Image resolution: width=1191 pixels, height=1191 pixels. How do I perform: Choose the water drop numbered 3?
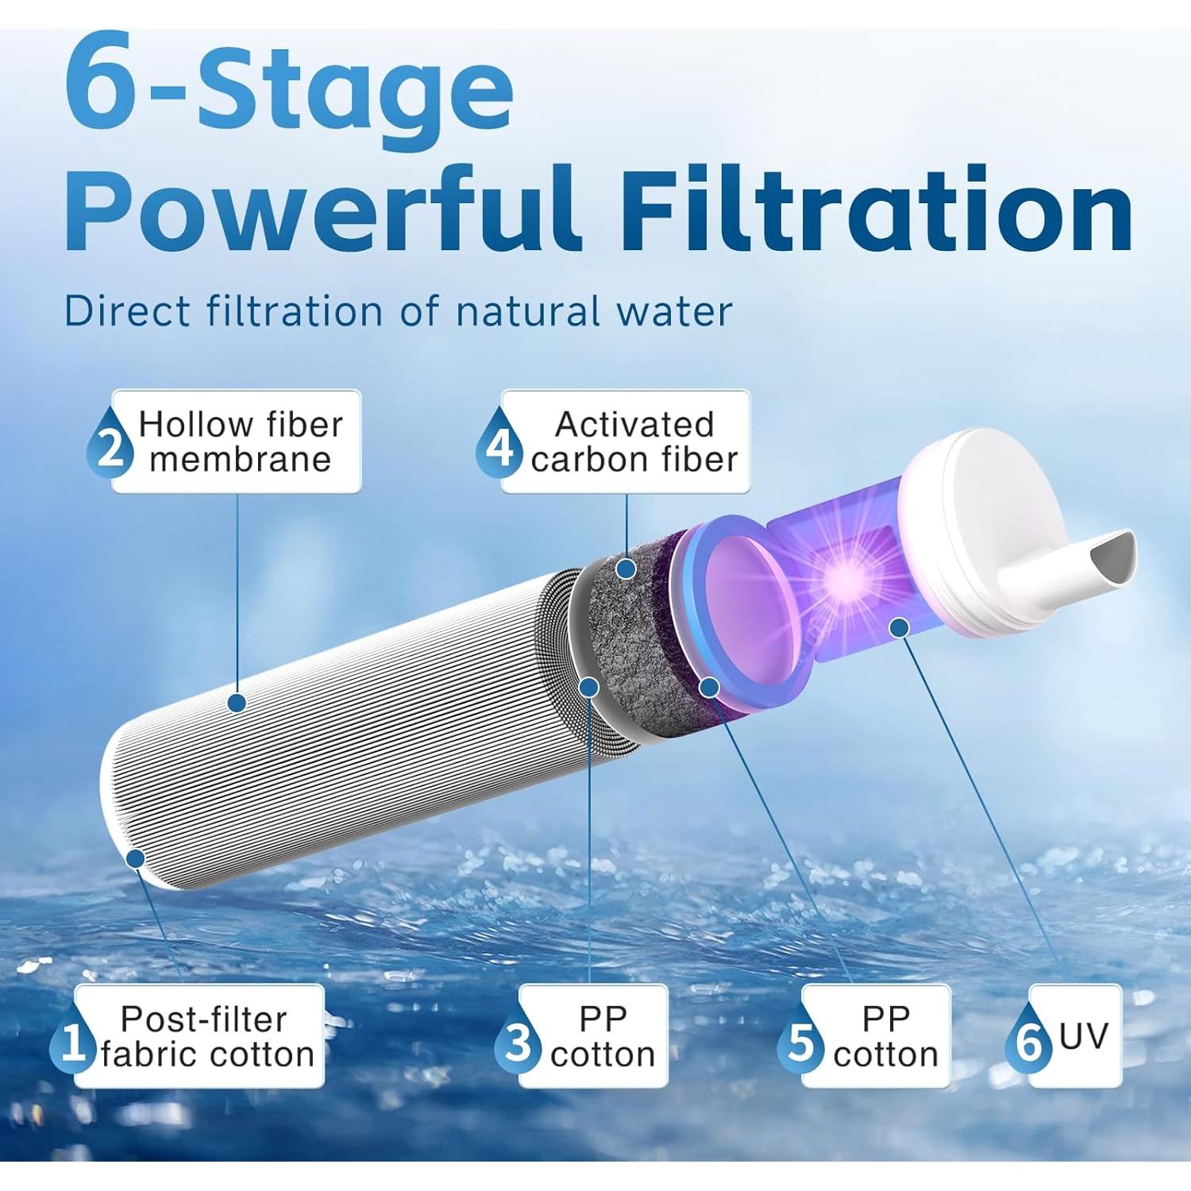pyautogui.click(x=518, y=1041)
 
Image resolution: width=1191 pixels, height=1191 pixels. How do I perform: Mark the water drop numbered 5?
pyautogui.click(x=801, y=1041)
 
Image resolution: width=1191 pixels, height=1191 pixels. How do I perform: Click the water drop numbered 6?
pyautogui.click(x=1028, y=1041)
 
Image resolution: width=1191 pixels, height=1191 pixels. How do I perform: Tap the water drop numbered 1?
pyautogui.click(x=72, y=1041)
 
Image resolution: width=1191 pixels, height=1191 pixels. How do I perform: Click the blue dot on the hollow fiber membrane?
pyautogui.click(x=237, y=702)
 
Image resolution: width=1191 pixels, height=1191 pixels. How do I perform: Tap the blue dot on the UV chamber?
pyautogui.click(x=899, y=628)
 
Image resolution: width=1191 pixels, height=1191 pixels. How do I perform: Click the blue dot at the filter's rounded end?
pyautogui.click(x=136, y=858)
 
